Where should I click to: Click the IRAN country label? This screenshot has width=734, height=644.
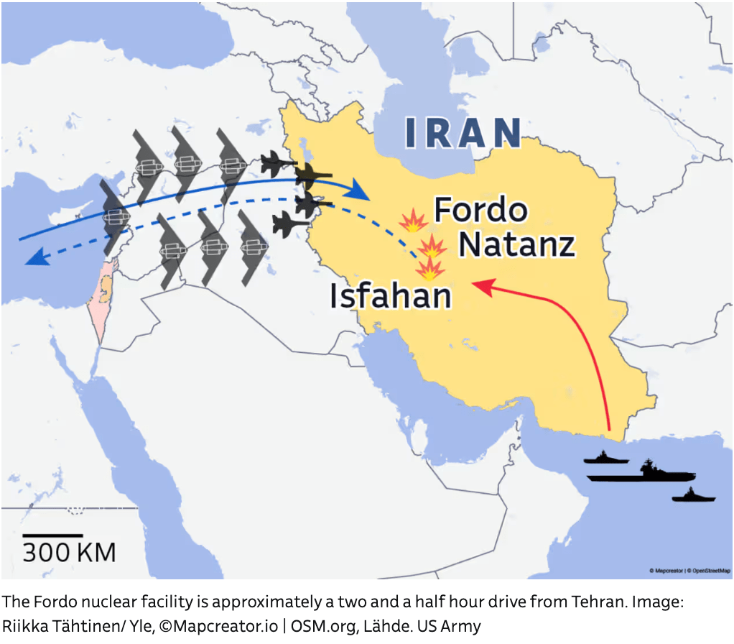point(463,132)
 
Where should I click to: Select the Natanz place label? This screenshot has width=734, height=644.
point(517,244)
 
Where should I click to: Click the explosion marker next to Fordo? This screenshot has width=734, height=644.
point(413,221)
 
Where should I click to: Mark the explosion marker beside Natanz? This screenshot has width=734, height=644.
point(432,247)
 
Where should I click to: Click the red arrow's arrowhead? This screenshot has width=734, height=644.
point(479,286)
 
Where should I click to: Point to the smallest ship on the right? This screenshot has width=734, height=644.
point(693,496)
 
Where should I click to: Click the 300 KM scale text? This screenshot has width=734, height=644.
point(69,552)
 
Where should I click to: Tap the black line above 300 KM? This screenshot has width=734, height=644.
point(52,535)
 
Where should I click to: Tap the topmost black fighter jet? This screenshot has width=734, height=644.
point(277,164)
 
